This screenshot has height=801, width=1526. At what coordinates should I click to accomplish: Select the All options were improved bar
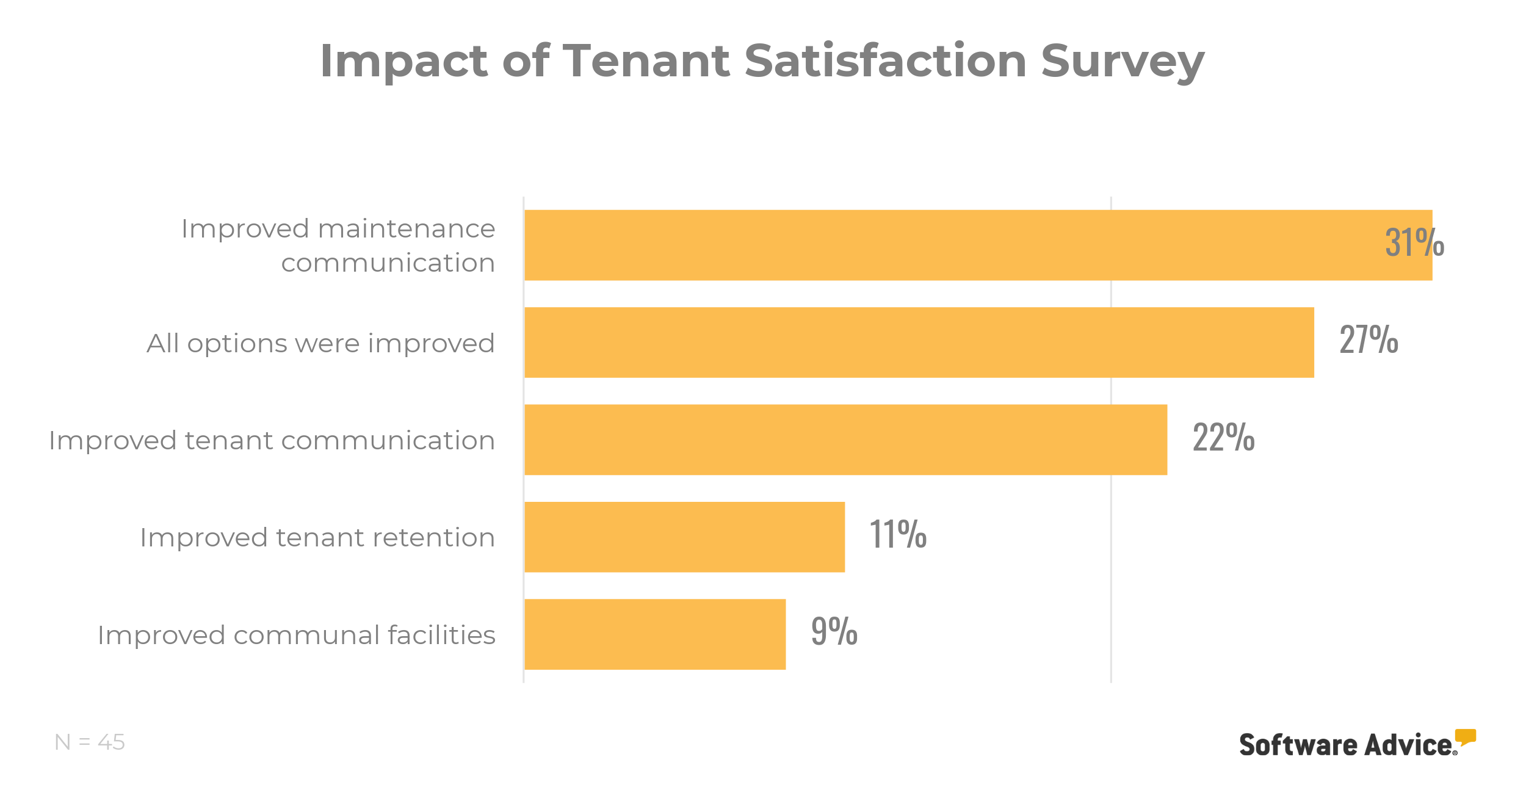[919, 343]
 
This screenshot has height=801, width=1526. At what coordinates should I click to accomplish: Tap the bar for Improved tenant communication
[845, 440]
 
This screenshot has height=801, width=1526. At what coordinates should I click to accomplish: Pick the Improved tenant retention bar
[684, 537]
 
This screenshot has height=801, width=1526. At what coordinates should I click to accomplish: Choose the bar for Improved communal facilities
[655, 634]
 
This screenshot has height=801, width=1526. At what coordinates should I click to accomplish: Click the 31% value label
[1414, 242]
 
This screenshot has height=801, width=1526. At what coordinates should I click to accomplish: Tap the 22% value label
[1223, 437]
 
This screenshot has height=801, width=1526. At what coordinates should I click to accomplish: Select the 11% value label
[897, 534]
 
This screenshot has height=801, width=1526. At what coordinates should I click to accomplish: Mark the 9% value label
[834, 631]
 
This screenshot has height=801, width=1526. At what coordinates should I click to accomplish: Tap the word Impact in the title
[403, 61]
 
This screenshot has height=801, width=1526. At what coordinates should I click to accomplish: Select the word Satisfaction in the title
[885, 61]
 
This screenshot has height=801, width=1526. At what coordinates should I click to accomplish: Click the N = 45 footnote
[90, 742]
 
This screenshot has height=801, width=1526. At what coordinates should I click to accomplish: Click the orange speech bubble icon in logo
[1465, 736]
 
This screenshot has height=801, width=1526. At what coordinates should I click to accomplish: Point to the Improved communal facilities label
[297, 636]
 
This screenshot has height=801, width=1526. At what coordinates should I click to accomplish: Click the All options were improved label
[320, 344]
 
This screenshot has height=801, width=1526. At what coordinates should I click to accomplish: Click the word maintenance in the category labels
[407, 229]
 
